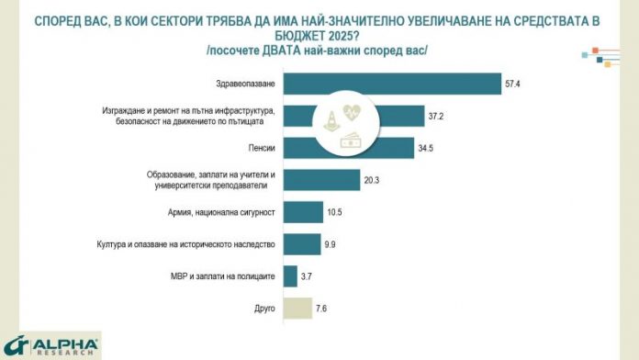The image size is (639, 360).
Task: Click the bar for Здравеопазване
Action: pos(392,84)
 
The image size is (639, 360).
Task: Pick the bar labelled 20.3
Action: pos(321,180)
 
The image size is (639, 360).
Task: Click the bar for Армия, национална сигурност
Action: pos(302,212)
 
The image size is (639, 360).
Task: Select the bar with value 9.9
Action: pos(301,243)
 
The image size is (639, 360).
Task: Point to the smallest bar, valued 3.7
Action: pos(290,276)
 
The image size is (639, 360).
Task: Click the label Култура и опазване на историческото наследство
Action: pos(186,243)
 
